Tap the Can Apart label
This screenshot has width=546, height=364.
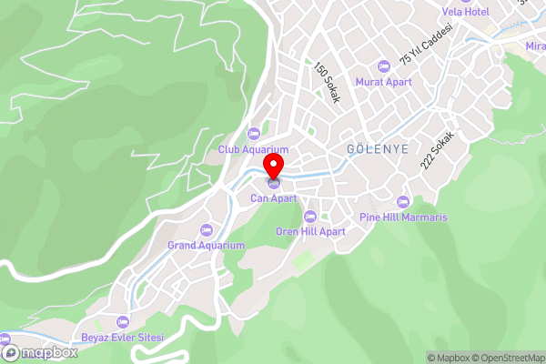pos(274,197)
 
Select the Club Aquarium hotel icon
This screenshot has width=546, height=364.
pos(253,135)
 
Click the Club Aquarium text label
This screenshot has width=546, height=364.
pos(253,149)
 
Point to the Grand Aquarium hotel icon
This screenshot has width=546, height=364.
pos(207,230)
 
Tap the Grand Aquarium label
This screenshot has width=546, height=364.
pos(207,246)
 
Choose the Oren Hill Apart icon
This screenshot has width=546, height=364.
pos(310,217)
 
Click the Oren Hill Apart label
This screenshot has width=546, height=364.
pos(310,231)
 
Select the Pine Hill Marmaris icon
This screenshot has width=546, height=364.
pos(403,202)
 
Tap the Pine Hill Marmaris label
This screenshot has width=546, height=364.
pos(403,217)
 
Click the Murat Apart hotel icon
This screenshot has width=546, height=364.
pos(383,66)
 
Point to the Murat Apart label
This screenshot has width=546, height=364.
pos(383,82)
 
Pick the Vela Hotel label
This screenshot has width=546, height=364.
pos(465,12)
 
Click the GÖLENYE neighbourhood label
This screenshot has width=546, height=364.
pos(377,147)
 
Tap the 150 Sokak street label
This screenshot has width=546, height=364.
pos(327,82)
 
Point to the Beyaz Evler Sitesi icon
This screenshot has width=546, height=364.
pos(123,322)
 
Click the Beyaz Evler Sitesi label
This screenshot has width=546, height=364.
pos(123,338)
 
